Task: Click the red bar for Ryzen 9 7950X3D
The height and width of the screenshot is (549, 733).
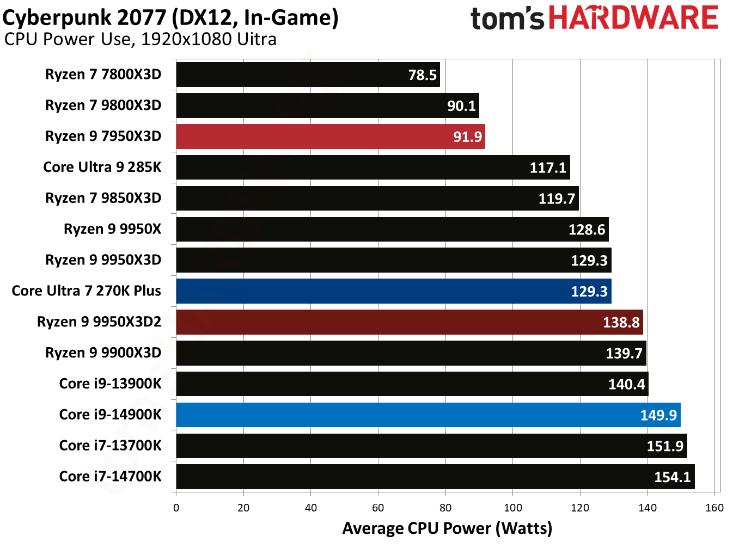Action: coord(330,137)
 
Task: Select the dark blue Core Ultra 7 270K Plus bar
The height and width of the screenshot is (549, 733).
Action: coord(393,291)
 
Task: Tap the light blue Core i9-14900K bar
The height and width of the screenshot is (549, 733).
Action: coord(427,415)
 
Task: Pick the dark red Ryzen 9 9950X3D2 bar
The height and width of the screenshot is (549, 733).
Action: coord(409,322)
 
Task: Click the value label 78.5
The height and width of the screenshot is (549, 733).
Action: coord(423,75)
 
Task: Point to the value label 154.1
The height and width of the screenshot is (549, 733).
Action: coord(672,477)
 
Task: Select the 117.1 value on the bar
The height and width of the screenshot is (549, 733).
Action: coord(548,168)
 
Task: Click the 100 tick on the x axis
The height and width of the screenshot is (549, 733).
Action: coord(512,508)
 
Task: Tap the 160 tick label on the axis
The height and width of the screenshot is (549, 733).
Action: coord(714,508)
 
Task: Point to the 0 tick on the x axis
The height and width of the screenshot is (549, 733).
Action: coord(176,508)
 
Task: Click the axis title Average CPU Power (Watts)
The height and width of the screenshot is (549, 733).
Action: coord(447,528)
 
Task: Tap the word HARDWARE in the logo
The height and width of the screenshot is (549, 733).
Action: coord(633,18)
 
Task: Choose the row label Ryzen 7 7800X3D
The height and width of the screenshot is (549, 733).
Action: coord(103,75)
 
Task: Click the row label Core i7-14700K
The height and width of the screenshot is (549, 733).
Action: coord(110,477)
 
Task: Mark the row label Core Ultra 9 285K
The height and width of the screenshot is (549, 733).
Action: coord(102,167)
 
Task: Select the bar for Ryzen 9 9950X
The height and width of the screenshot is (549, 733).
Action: coord(392,230)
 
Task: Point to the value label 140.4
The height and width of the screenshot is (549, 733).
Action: coord(626,385)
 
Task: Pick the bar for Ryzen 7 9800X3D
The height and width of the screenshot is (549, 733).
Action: coord(327,106)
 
